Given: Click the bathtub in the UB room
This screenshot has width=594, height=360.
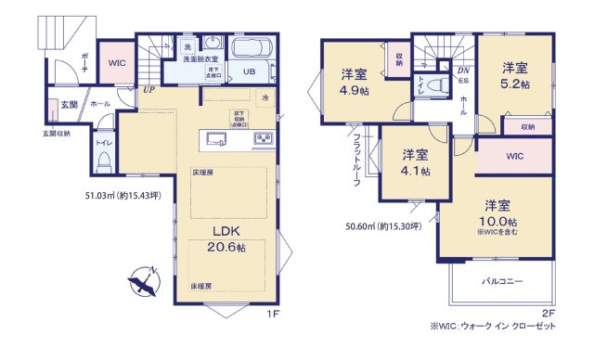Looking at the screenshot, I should coord(250,50).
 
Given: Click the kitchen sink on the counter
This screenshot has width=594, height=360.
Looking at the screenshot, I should coord(217,140).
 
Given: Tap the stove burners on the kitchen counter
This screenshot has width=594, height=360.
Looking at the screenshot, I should coord(262,140).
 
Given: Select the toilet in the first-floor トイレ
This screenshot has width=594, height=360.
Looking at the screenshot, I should coord(105,161).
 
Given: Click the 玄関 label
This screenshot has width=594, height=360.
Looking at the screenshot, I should coord(69,106).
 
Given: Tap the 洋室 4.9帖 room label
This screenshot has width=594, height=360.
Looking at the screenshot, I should coord(353,82).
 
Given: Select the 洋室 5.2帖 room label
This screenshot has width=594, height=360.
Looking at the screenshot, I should coord(515,74).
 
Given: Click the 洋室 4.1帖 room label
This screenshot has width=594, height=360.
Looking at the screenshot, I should coord(415,162).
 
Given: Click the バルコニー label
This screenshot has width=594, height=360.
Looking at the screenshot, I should coord(502,279).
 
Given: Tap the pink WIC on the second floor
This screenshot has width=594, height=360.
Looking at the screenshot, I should coord(515,157).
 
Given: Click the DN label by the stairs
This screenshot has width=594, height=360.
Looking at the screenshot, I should coord(463,70).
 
